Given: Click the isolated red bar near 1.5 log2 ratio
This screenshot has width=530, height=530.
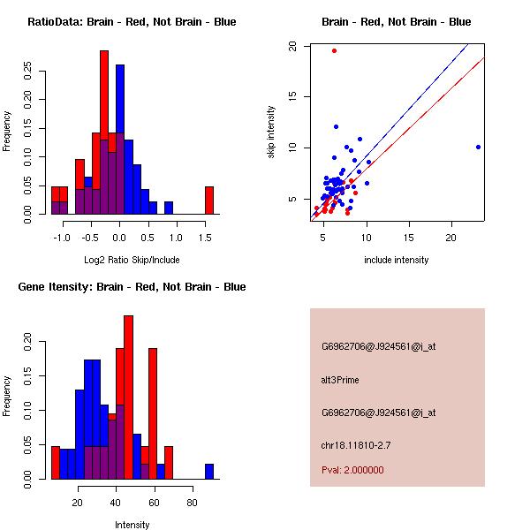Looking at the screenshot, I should click(209, 201).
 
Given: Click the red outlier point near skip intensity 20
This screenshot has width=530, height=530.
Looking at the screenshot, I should click(334, 50).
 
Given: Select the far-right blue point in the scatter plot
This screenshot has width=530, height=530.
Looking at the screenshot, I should click(478, 147).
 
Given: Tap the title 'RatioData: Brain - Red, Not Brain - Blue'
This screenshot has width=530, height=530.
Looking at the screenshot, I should click(132, 22).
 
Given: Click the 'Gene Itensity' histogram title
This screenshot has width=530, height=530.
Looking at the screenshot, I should click(132, 287).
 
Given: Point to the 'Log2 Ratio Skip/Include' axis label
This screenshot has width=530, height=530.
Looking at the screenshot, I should click(132, 260).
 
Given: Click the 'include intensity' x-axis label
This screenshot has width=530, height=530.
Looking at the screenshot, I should click(397, 260).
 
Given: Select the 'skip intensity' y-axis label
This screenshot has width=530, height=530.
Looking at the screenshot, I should click(272, 132).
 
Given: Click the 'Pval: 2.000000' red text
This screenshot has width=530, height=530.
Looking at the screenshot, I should click(352, 470).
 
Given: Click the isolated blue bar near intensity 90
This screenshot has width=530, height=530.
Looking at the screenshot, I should click(209, 471).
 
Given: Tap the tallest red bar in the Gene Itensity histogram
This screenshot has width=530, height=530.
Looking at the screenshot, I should click(128, 397).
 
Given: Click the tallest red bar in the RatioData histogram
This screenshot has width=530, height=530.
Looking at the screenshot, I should click(104, 132).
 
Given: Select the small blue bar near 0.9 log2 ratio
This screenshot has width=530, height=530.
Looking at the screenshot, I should click(168, 208).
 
